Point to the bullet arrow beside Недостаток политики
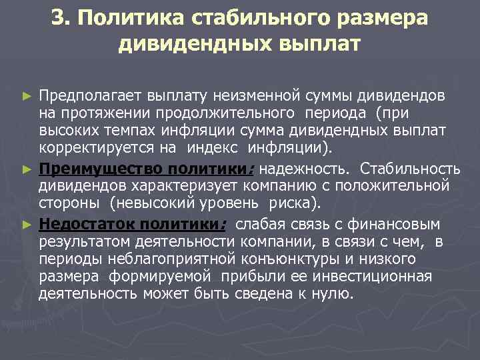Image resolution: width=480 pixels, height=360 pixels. click(x=27, y=221)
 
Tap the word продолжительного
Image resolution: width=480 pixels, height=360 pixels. click(x=219, y=115)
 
